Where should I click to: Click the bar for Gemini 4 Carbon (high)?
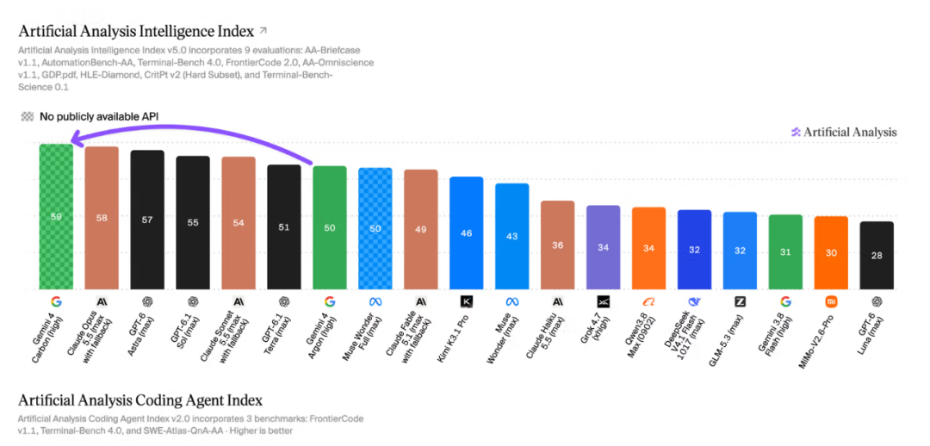click(56, 216)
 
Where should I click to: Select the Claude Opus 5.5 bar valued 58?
click(102, 218)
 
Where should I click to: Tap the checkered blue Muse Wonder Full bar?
click(375, 228)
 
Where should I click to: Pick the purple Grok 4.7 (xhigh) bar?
click(603, 247)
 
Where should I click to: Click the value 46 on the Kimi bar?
click(467, 233)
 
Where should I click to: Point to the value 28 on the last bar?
click(877, 255)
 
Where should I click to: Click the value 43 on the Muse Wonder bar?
click(512, 236)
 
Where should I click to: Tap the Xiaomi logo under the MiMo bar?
click(831, 302)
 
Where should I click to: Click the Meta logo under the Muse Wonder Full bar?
click(375, 302)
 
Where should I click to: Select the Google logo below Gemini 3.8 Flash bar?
click(785, 302)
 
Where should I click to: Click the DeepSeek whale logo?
click(695, 302)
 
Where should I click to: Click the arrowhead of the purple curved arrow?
click(73, 139)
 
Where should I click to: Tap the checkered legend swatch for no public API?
click(28, 116)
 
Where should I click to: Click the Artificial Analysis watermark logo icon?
click(796, 132)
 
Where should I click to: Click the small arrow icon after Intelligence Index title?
click(263, 29)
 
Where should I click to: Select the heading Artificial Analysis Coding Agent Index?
click(140, 400)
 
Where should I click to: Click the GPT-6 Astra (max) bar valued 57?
click(147, 220)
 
